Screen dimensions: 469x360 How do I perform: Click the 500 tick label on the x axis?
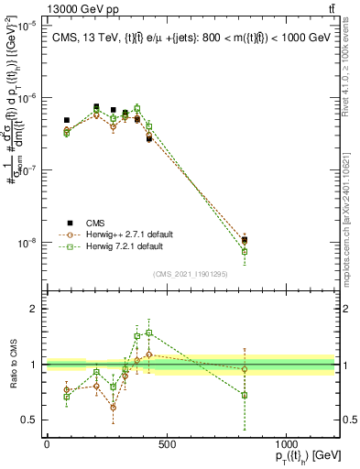coord(167,445)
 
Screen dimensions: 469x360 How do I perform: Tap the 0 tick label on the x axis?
coord(47,445)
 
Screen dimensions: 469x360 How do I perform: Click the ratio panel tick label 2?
coord(35,309)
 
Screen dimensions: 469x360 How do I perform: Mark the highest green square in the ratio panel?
coord(149,333)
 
